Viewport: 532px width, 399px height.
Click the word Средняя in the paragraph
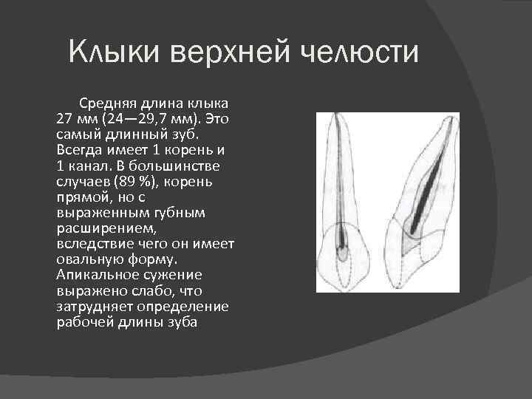pos(104,103)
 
